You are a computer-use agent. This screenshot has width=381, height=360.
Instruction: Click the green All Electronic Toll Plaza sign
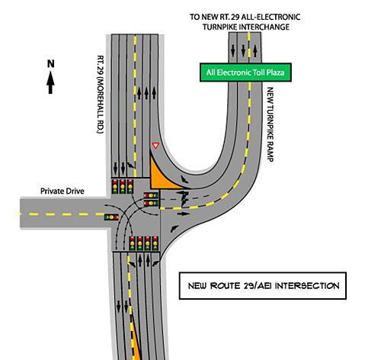tap(245, 72)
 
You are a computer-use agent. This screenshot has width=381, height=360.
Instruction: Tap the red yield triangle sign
tap(155, 146)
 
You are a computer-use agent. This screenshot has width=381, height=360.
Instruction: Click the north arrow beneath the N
tap(50, 82)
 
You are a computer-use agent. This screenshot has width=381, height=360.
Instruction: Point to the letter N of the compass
tap(51, 63)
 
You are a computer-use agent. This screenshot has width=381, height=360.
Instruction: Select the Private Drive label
tap(62, 191)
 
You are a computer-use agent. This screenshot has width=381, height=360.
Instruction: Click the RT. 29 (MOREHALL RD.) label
tap(101, 95)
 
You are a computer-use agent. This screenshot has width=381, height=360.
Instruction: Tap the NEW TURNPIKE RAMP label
tap(271, 124)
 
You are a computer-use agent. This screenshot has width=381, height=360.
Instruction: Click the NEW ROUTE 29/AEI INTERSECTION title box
tap(263, 286)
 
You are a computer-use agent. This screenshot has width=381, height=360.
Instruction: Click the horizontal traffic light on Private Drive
tap(111, 217)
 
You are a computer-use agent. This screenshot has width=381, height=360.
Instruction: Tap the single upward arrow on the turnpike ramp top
tap(255, 51)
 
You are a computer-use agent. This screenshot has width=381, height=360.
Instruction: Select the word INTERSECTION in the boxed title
tap(307, 286)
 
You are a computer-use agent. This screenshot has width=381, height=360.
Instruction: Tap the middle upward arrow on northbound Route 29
tap(146, 93)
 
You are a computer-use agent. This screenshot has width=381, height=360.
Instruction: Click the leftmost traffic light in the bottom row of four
tap(132, 243)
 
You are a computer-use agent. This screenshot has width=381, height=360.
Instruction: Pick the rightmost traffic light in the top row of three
tap(130, 187)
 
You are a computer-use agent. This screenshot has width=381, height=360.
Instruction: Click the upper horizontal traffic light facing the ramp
tap(151, 195)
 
